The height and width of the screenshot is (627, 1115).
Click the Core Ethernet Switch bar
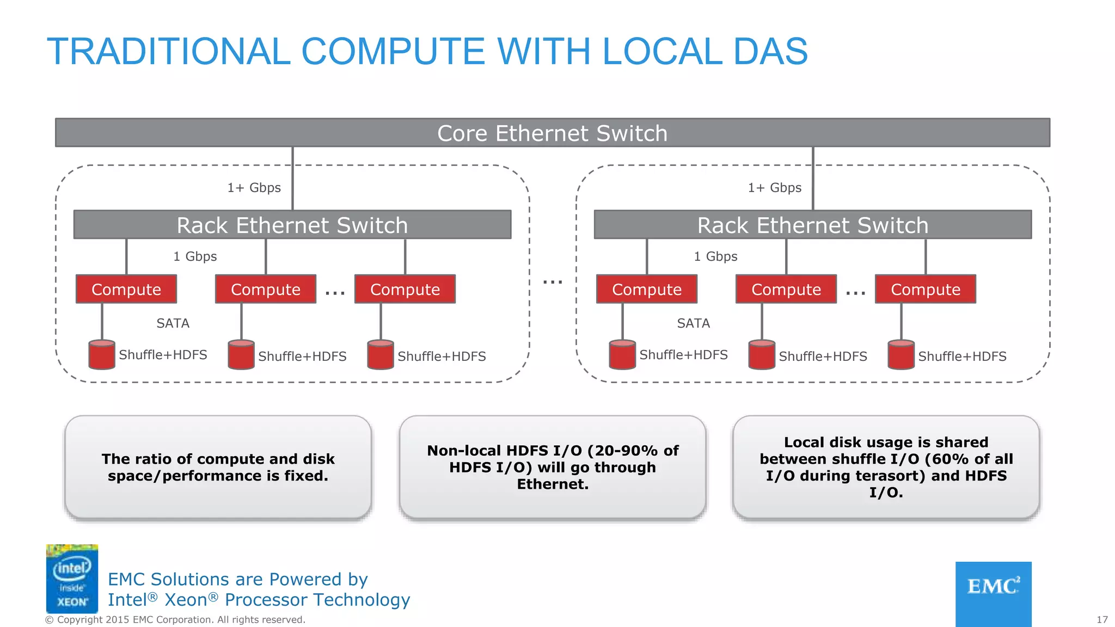click(x=552, y=133)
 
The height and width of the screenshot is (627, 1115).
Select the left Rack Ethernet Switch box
click(x=292, y=225)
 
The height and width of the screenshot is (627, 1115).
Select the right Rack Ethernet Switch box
click(x=813, y=225)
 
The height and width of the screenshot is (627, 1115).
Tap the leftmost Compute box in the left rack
click(x=126, y=289)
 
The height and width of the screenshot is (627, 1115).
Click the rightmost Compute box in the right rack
click(x=926, y=289)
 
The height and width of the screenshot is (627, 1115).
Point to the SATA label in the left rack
click(x=173, y=323)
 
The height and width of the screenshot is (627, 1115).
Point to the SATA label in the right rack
click(x=694, y=323)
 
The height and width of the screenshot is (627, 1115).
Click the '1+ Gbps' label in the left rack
click(x=254, y=188)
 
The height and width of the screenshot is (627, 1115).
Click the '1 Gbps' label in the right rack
click(x=715, y=256)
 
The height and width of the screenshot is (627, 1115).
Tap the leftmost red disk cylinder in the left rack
click(x=102, y=355)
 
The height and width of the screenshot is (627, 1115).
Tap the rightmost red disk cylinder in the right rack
click(x=901, y=355)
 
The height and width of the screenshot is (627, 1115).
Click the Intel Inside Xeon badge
click(x=72, y=579)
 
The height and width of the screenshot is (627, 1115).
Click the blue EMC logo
click(x=993, y=593)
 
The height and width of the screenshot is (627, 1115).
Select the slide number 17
click(x=1102, y=619)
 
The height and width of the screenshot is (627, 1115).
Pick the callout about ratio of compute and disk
click(x=218, y=467)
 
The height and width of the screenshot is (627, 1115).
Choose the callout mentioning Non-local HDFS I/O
click(x=552, y=467)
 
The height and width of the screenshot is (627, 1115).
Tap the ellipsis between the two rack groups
click(x=553, y=282)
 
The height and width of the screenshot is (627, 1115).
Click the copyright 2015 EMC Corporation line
click(x=175, y=619)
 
